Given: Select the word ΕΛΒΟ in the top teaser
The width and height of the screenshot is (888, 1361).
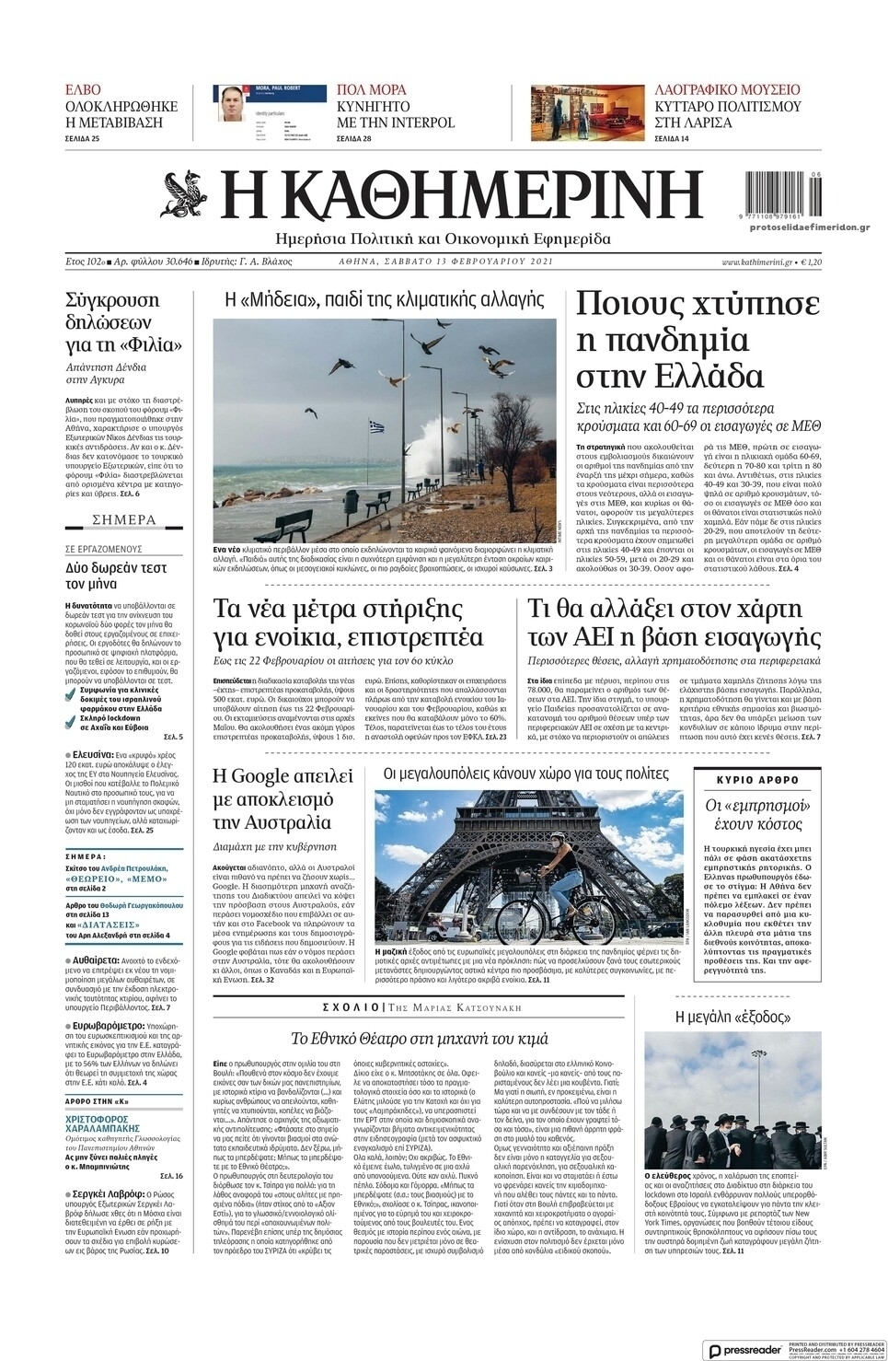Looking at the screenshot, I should tap(83, 90).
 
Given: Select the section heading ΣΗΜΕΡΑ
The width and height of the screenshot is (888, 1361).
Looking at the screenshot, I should tap(124, 520).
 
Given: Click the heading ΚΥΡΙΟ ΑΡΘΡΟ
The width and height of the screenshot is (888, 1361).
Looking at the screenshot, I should tap(757, 779).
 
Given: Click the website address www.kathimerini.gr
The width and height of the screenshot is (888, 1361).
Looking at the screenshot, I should tap(756, 262).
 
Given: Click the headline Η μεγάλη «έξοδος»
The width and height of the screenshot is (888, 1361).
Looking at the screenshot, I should tap(732, 1017).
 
